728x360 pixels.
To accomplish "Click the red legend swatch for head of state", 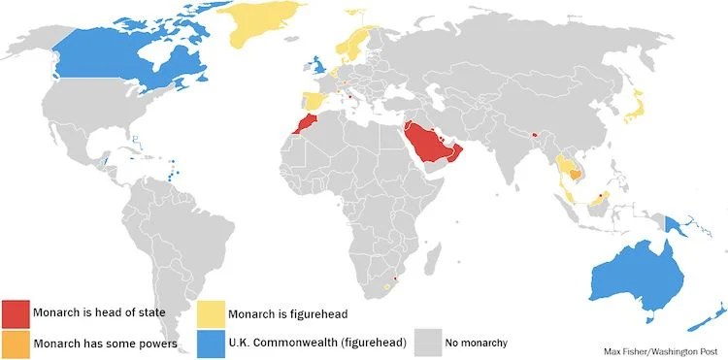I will point(17,312).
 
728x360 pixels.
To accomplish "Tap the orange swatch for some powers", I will point(17,343).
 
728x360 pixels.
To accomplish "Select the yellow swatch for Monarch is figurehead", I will point(211,312).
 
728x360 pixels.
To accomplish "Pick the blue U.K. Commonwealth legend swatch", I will point(211,343).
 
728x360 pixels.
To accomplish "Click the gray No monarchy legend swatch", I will point(428,343).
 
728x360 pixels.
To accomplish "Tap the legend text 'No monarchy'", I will point(476,343).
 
